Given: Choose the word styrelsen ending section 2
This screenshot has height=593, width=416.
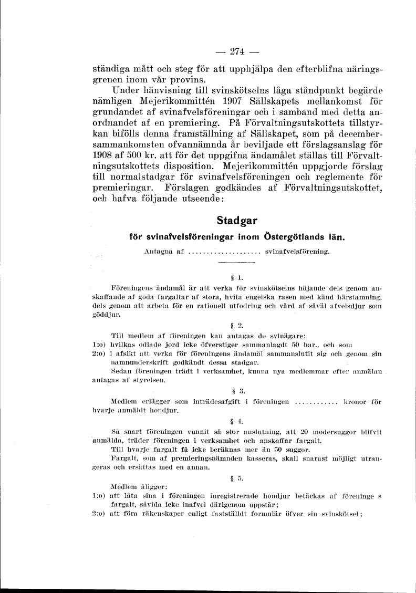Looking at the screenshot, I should coord(151,379).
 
